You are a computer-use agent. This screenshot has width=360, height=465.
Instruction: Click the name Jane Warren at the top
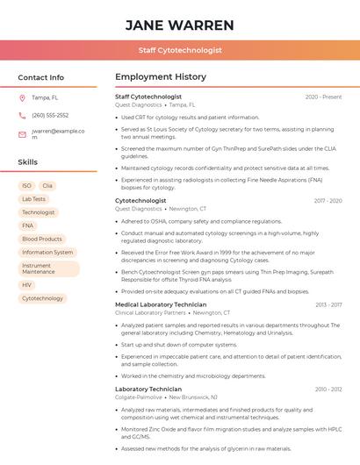[180, 25]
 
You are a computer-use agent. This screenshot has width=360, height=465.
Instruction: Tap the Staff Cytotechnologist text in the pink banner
[180, 51]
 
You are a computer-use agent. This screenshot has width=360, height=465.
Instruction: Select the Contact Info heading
[41, 77]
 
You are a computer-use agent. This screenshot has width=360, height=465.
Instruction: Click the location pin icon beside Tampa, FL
[22, 97]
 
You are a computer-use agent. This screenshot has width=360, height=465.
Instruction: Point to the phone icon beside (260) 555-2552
[22, 115]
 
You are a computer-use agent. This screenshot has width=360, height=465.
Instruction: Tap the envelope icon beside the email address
[22, 134]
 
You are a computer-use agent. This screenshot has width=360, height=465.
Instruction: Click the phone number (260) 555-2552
[50, 115]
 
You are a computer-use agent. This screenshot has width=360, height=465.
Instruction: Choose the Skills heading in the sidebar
[28, 162]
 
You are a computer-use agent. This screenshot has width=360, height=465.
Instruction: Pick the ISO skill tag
[26, 186]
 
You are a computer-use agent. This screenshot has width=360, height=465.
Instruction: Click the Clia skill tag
[47, 186]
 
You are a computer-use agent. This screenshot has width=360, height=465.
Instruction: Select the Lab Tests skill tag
[34, 199]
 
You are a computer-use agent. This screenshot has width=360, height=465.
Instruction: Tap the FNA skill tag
[28, 225]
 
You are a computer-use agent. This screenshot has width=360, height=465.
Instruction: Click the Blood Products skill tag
[42, 239]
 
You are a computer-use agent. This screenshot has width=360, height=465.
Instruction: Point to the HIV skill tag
[27, 285]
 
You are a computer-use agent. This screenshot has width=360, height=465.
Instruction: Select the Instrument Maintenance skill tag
[48, 268]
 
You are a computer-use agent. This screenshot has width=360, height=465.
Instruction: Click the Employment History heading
[161, 77]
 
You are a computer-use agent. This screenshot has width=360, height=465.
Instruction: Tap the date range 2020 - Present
[323, 97]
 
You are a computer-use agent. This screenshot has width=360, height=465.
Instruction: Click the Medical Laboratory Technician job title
[161, 304]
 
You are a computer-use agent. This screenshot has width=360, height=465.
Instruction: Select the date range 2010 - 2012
[328, 389]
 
